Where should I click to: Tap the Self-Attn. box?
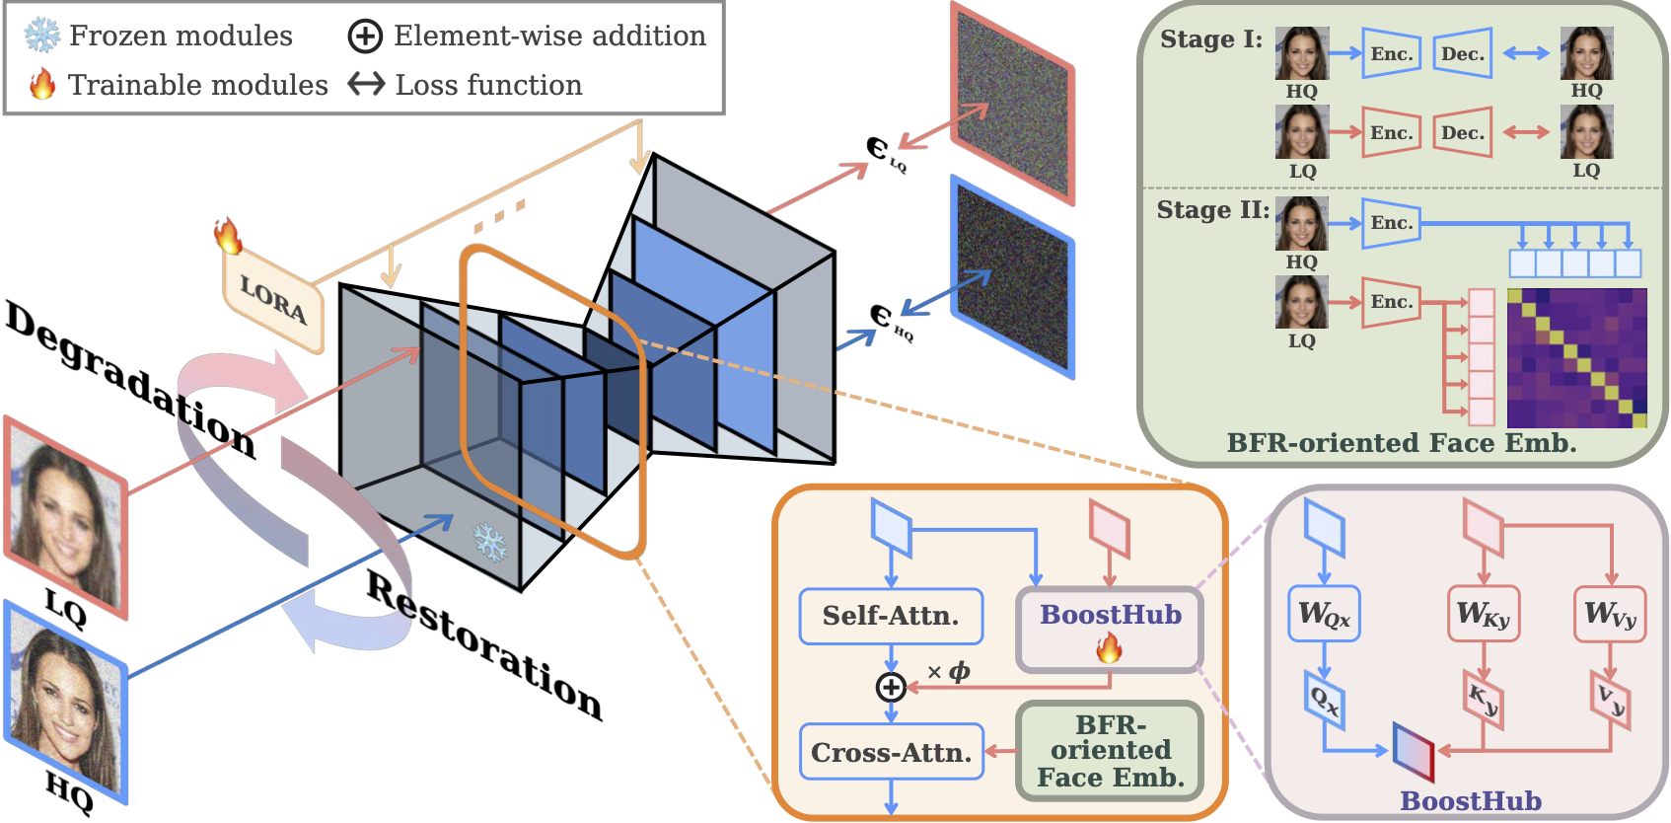pos(891,616)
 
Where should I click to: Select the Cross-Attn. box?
pos(891,752)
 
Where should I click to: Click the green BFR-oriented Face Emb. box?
pos(1110,751)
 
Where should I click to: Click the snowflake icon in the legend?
pos(41,36)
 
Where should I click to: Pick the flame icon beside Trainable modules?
pos(42,85)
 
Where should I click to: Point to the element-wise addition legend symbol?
pos(365,37)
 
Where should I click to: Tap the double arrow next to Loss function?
pos(366,85)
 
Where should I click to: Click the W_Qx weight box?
pos(1324,615)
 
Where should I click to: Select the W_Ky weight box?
pos(1483,615)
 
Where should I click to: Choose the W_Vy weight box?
pos(1610,615)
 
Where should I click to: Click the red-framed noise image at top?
pos(1012,103)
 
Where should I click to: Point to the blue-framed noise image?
pos(1012,277)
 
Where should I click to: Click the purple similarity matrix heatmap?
pos(1576,357)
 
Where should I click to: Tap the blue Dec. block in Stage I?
pos(1462,54)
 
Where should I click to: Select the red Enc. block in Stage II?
pos(1391,302)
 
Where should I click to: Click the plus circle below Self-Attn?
pos(891,687)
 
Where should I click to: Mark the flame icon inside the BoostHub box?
pos(1109,648)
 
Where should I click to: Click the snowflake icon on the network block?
pos(490,542)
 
